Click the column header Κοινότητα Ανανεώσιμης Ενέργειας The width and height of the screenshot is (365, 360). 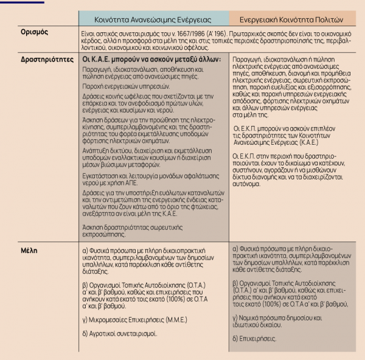coord(153,18)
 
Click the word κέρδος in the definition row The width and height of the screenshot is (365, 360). coord(91,38)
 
